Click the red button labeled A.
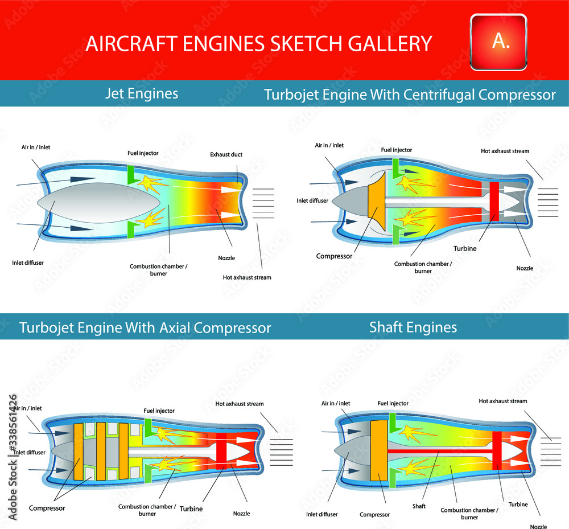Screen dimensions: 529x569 499,40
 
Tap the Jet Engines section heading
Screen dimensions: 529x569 142,93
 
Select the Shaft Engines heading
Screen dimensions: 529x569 413,327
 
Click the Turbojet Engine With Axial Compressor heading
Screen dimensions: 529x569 145,328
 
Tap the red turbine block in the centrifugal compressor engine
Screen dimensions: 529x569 494,201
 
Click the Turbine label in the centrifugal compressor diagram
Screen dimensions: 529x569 465,248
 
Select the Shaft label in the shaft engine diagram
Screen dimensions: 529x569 419,506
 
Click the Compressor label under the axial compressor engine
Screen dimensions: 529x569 47,508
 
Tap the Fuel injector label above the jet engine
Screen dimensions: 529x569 143,153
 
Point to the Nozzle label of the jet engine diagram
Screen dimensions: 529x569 226,258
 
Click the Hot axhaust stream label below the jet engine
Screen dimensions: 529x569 247,277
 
